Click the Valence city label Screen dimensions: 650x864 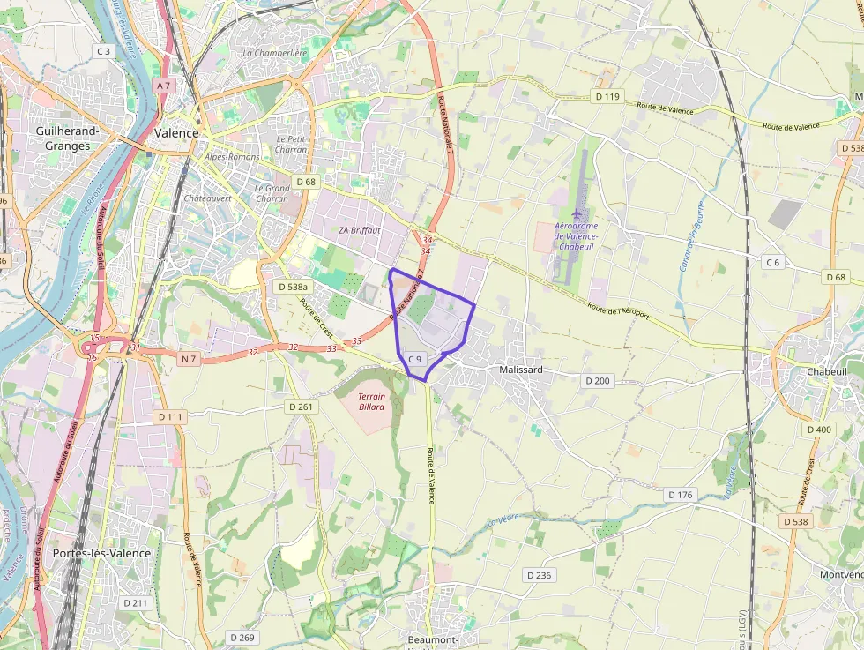click(176, 132)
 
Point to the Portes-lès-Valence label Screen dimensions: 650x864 click(101, 553)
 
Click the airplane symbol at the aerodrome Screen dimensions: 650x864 click(577, 213)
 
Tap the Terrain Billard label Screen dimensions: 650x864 click(371, 401)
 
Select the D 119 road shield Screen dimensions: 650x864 click(607, 96)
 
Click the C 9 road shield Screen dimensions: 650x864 click(416, 359)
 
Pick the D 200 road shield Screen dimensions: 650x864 click(597, 380)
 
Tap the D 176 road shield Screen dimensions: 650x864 click(680, 495)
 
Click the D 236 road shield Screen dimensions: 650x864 click(539, 575)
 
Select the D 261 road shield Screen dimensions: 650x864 click(301, 407)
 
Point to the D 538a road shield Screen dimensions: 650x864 click(293, 287)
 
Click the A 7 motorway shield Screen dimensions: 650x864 click(162, 86)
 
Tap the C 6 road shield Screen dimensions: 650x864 click(772, 262)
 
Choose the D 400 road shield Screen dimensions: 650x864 click(818, 430)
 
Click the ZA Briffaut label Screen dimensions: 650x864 click(360, 230)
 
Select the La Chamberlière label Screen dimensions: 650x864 click(275, 53)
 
